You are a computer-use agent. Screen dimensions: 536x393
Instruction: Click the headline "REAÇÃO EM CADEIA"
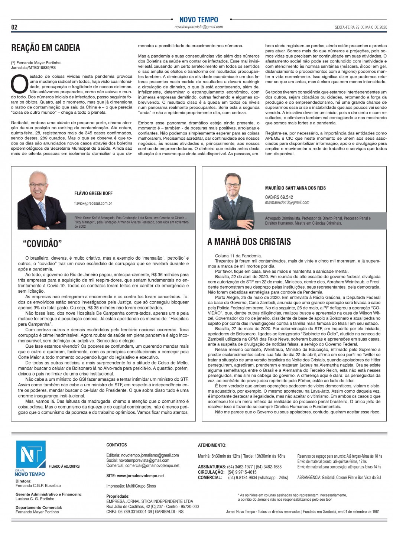tap(46, 48)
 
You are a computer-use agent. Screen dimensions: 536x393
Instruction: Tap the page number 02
tap(14, 27)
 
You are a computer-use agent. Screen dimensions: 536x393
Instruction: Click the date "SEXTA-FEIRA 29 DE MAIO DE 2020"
tap(361, 27)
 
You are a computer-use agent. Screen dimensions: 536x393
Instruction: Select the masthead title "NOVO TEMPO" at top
tap(199, 20)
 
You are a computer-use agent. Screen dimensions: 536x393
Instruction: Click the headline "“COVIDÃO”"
tap(42, 244)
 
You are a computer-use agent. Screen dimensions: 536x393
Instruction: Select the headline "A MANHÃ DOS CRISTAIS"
tap(249, 242)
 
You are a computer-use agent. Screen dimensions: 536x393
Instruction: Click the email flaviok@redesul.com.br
tap(93, 203)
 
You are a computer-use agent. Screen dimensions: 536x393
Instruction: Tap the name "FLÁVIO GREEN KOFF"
tap(93, 193)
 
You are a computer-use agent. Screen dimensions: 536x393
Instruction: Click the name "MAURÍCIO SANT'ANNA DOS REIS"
tap(295, 188)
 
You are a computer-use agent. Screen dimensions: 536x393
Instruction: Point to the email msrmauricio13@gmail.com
tap(287, 202)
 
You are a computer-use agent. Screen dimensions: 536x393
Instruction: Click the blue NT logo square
tap(30, 455)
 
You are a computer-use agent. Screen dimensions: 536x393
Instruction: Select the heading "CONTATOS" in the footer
tap(117, 445)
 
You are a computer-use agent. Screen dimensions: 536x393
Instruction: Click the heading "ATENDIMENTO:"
tap(212, 445)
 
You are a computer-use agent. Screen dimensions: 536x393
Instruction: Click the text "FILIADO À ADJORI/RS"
tap(64, 466)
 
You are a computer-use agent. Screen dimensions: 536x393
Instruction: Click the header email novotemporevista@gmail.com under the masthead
tap(199, 27)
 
